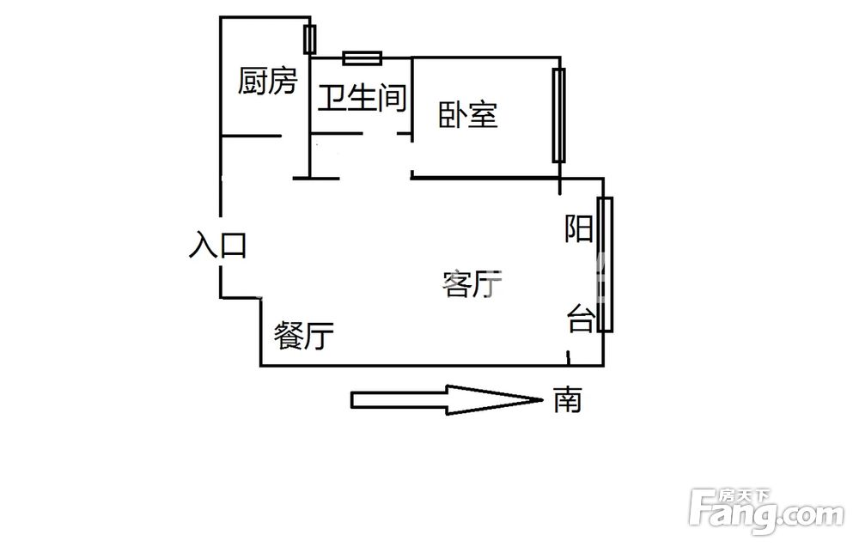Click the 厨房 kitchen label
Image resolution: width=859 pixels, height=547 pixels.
click(268, 81)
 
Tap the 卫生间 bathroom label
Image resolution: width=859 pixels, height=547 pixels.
click(362, 99)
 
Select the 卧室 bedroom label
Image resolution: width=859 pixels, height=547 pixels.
click(468, 115)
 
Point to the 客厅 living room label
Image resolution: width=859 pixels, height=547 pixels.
click(472, 283)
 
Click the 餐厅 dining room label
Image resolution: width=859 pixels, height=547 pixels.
click(304, 335)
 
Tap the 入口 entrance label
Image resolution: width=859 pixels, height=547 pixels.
click(217, 245)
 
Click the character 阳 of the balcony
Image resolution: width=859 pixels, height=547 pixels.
click(579, 229)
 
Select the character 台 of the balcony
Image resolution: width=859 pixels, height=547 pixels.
click(581, 319)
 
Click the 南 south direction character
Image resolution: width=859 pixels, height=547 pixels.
click(567, 399)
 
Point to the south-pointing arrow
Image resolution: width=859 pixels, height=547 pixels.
click(447, 399)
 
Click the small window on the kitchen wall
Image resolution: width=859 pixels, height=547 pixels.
click(310, 40)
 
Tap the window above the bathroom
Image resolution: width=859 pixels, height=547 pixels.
click(362, 58)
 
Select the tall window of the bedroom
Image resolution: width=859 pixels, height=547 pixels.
click(559, 116)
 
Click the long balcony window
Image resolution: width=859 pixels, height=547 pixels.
click(605, 264)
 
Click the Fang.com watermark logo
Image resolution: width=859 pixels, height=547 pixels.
click(767, 512)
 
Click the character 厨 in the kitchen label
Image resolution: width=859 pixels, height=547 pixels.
click(253, 81)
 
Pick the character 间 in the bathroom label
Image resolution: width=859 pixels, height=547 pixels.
click(393, 99)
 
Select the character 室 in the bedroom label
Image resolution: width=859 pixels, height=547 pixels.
click(483, 115)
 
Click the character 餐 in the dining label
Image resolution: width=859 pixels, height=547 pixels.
click(289, 335)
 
